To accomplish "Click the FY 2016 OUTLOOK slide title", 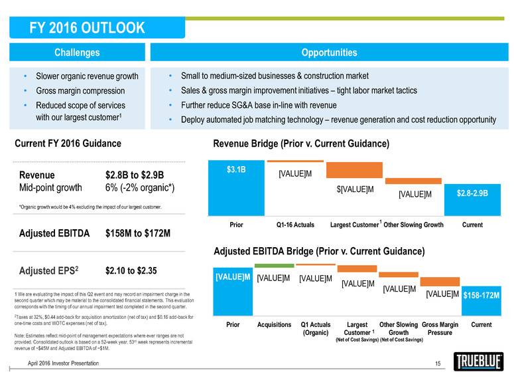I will [x=88, y=28].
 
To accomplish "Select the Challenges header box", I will [x=77, y=52].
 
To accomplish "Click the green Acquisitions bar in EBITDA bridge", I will [x=273, y=266].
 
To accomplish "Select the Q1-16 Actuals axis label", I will [x=294, y=225].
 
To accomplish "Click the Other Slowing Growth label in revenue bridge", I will [x=413, y=225].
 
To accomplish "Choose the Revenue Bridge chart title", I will [x=300, y=144].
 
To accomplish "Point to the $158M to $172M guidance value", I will [x=139, y=234].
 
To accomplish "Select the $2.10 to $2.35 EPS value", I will [x=134, y=271].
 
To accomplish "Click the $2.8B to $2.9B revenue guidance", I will [x=135, y=175].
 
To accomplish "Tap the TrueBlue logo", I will [x=481, y=362].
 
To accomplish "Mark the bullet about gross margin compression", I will [x=81, y=90].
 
